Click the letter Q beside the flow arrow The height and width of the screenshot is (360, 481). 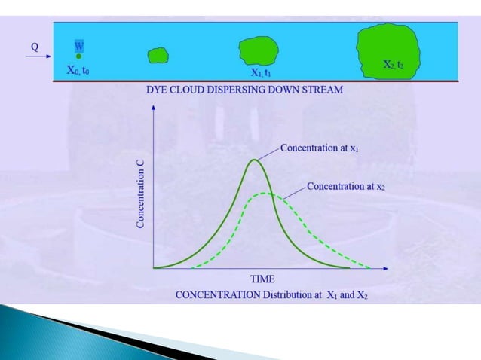(35, 46)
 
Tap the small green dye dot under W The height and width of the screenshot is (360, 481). (78, 56)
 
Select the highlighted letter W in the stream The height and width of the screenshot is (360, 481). (78, 46)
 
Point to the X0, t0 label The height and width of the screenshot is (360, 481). (78, 70)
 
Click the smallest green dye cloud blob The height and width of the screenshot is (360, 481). (158, 55)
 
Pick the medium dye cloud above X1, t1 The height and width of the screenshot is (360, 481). (259, 50)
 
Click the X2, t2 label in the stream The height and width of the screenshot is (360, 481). (393, 66)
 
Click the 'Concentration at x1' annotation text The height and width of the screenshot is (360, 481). (319, 148)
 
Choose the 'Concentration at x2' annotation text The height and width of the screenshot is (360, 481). (346, 186)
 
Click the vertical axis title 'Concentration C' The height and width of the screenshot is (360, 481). (141, 194)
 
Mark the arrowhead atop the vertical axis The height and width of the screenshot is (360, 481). (154, 107)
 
